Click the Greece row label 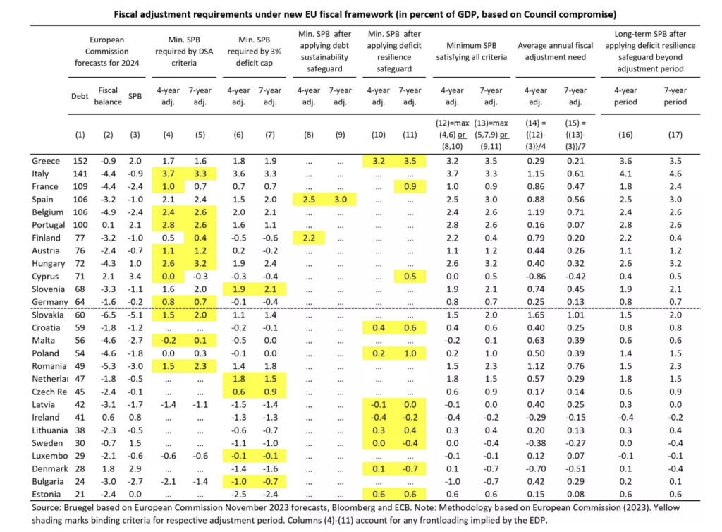click(46, 161)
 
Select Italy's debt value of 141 click(80, 174)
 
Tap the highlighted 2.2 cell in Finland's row click(309, 238)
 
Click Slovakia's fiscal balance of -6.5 click(108, 315)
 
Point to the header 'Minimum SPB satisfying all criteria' click(472, 51)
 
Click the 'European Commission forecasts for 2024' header click(107, 51)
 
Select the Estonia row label click(46, 494)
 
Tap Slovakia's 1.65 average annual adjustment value click(536, 315)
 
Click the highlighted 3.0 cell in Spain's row click(341, 200)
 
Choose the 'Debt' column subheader click(80, 96)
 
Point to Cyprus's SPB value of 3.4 click(135, 277)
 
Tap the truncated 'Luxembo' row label click(50, 456)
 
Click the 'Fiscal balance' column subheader click(108, 96)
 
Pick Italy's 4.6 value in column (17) click(675, 174)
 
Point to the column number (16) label click(625, 135)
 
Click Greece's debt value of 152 click(80, 161)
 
